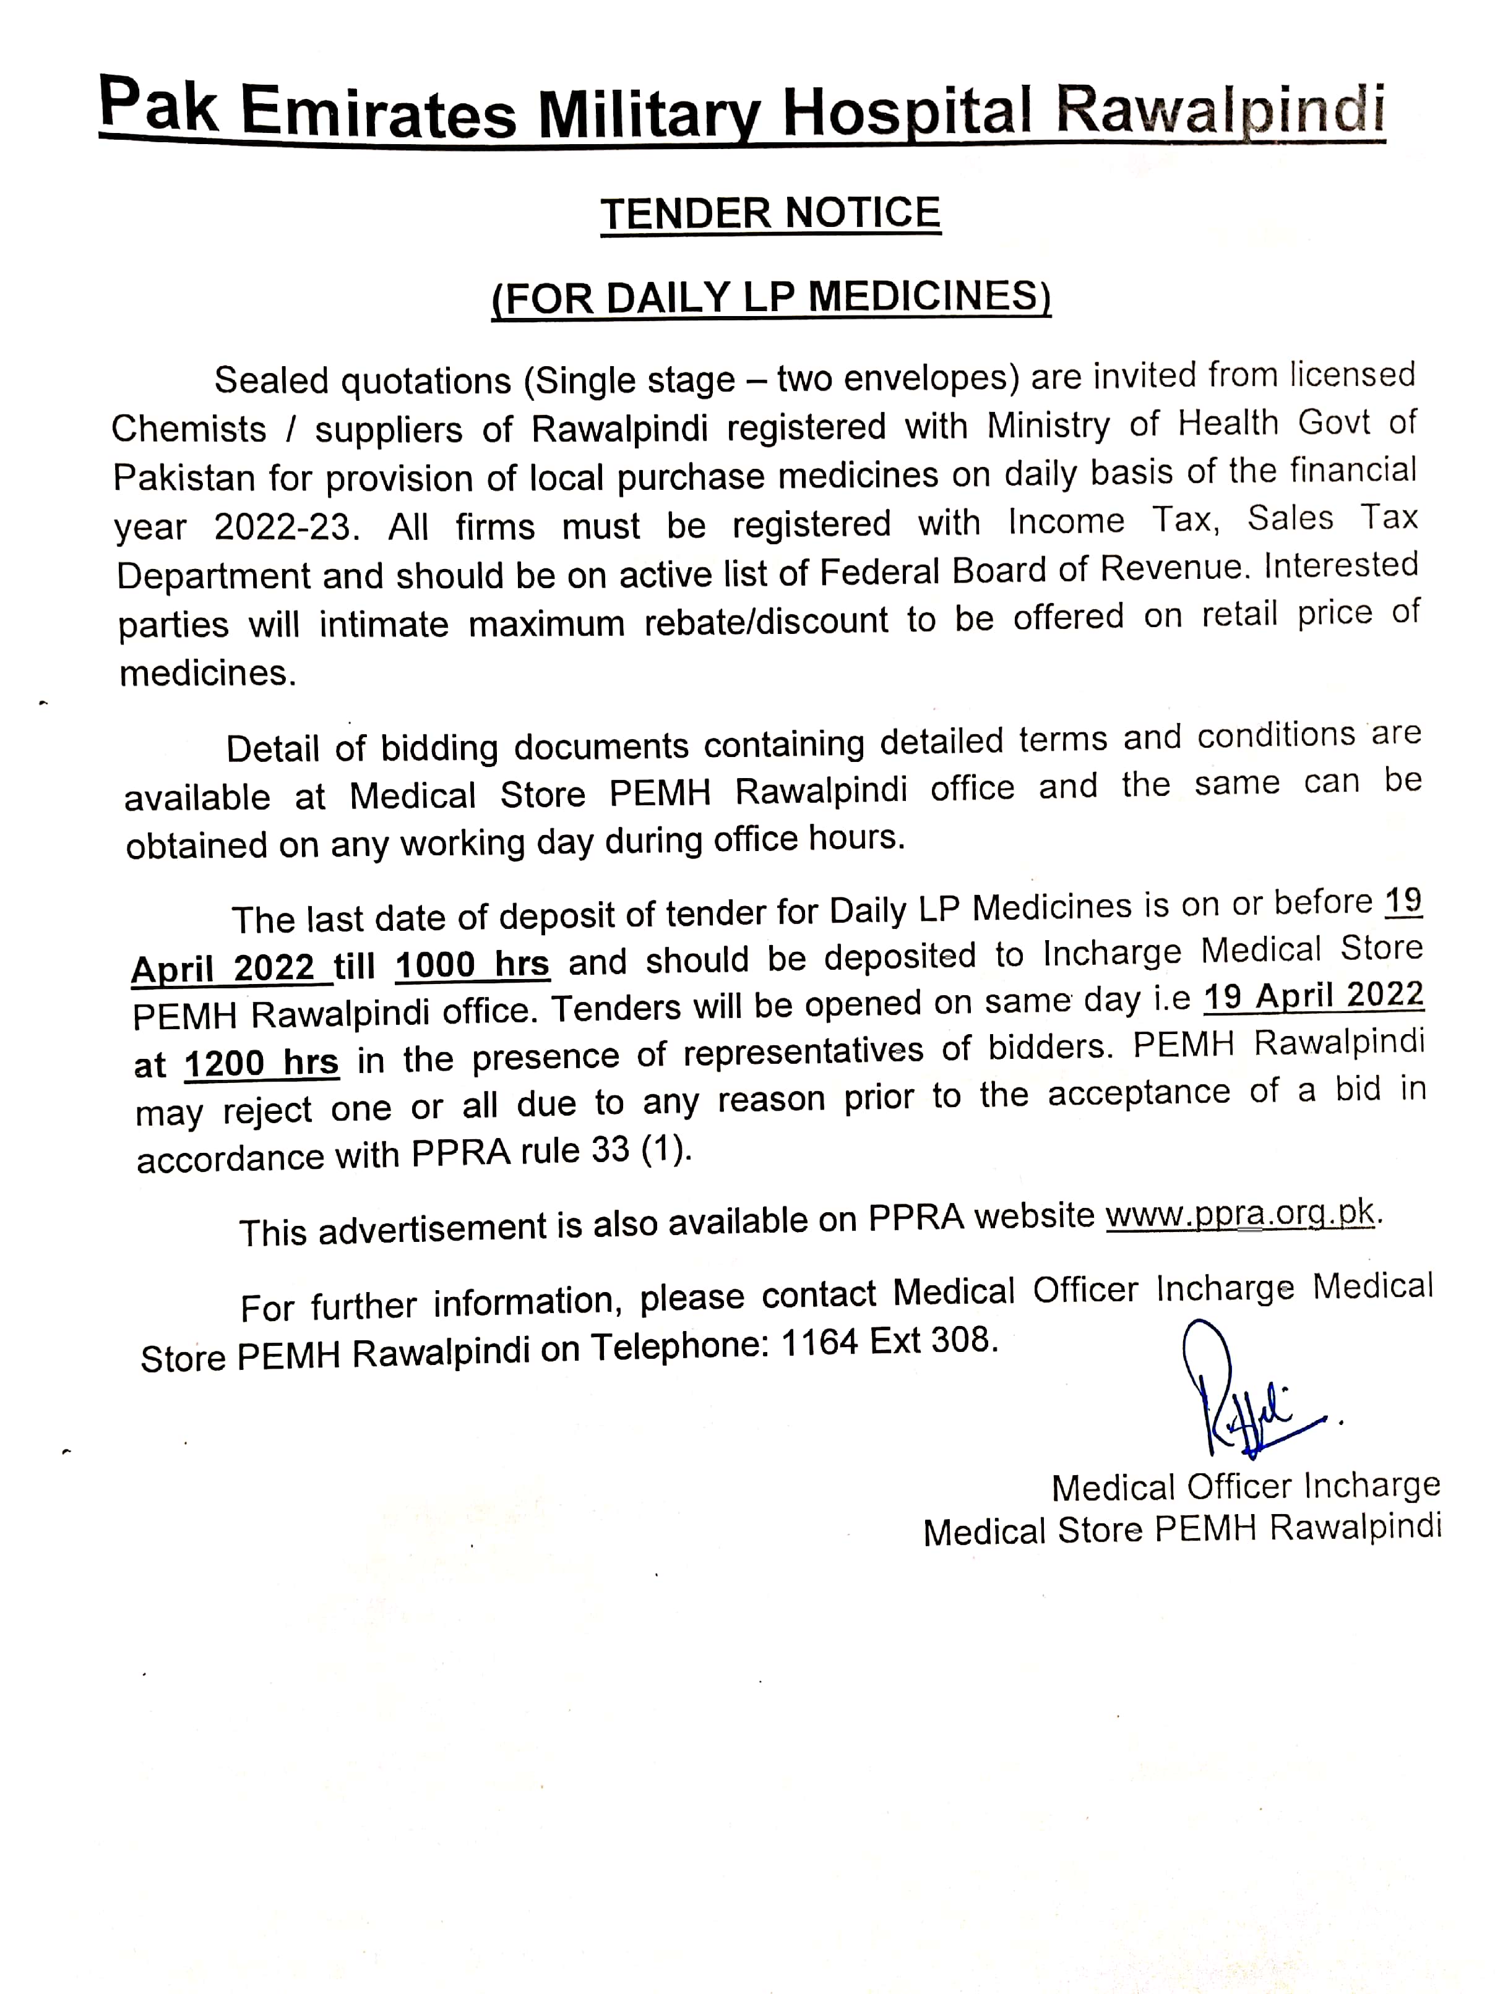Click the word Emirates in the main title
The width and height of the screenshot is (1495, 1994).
pyautogui.click(x=378, y=113)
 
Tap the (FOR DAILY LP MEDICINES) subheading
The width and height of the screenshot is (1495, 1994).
pyautogui.click(x=771, y=297)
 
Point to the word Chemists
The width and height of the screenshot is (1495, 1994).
pyautogui.click(x=189, y=429)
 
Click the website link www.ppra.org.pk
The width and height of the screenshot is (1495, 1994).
pyautogui.click(x=1240, y=1214)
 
